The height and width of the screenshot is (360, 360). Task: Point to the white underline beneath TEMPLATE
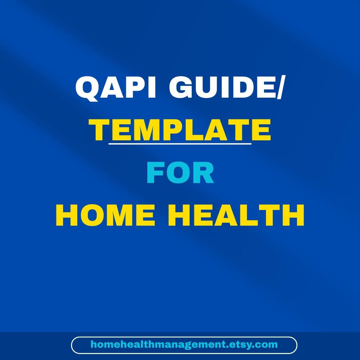click(x=180, y=144)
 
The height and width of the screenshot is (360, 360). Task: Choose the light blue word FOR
click(x=180, y=173)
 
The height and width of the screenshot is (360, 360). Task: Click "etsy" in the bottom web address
click(x=242, y=345)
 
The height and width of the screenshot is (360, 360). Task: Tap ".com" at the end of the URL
click(x=266, y=345)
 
